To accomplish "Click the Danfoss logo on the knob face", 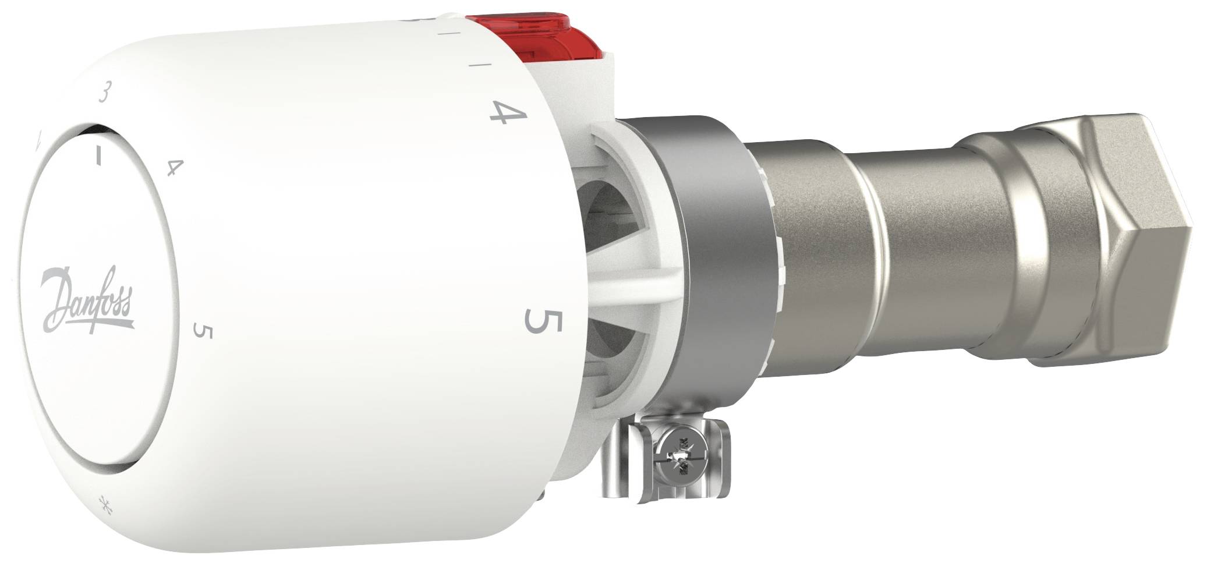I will (x=88, y=301).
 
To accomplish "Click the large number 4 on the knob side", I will (x=506, y=113).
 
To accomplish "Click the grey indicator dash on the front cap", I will (x=100, y=155).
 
